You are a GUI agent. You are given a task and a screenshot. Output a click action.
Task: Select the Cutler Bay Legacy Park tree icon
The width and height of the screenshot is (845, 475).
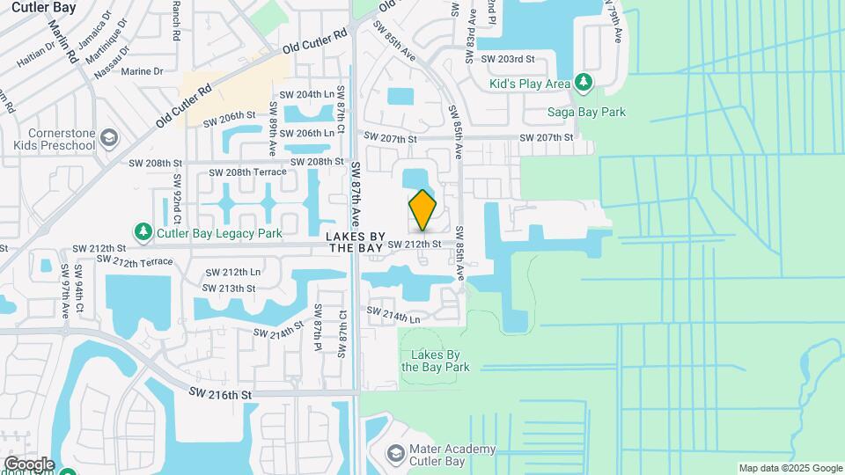143,231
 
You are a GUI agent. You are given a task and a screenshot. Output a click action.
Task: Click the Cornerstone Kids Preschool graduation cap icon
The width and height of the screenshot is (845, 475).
108,138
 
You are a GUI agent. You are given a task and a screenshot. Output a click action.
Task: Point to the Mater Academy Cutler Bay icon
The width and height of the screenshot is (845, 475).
395,454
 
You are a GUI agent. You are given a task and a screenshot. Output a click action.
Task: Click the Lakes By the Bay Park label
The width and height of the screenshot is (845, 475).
436,361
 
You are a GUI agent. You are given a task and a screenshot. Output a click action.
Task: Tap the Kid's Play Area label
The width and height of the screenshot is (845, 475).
531,84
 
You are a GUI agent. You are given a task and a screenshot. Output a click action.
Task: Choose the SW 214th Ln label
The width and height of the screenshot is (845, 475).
393,314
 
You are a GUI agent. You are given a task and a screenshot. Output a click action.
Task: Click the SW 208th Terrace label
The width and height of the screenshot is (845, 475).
248,172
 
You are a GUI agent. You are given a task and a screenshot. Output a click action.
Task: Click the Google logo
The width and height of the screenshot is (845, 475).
29,464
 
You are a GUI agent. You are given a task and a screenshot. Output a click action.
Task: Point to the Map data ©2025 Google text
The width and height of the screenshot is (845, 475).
790,468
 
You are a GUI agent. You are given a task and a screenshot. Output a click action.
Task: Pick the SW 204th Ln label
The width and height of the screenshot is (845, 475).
306,94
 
